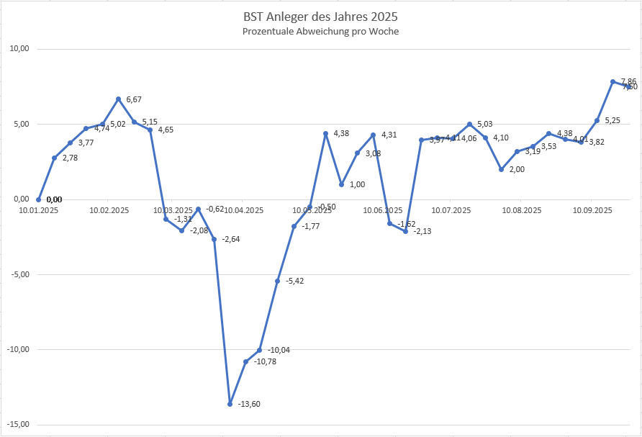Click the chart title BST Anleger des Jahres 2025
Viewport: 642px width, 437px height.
coord(320,16)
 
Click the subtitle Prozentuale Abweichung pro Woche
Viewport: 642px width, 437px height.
coord(320,32)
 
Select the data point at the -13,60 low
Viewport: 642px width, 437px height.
coord(230,404)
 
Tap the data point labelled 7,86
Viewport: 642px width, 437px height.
coord(612,81)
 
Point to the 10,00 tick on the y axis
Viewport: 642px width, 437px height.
coord(19,49)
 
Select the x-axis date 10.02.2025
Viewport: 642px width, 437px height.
coord(109,210)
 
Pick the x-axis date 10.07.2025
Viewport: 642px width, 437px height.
coord(451,210)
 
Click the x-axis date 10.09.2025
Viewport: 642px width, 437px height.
coord(592,210)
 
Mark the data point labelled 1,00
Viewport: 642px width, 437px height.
coord(342,184)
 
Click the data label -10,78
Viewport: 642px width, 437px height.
coord(266,361)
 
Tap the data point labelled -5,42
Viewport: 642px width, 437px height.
coord(278,281)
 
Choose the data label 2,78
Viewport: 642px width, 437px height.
coord(70,158)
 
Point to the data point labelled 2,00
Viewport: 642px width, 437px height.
coord(501,169)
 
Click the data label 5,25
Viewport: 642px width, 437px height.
coord(612,120)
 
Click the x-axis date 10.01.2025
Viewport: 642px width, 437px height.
coord(39,210)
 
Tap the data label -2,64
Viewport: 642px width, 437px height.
coord(231,239)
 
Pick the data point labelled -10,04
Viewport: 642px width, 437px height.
coord(260,350)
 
